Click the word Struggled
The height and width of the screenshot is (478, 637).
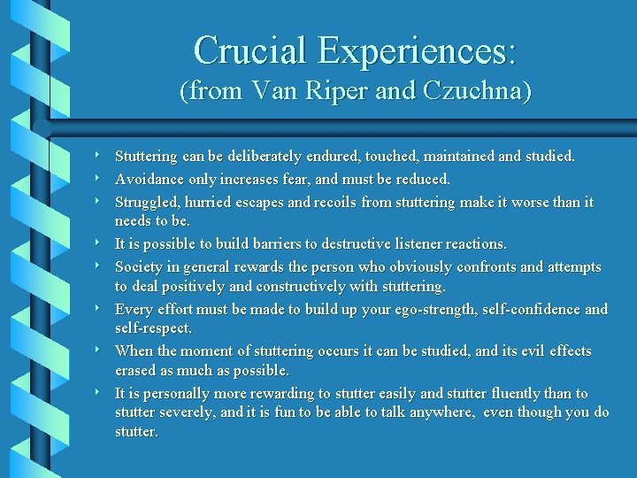[x=145, y=202]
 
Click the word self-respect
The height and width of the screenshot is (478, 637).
[x=153, y=328]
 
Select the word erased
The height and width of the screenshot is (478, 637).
[x=134, y=370]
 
